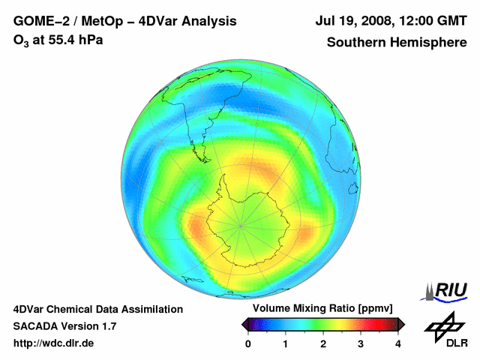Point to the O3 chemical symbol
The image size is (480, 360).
click(x=21, y=40)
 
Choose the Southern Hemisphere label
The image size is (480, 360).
click(x=396, y=42)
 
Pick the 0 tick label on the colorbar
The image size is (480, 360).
click(x=248, y=343)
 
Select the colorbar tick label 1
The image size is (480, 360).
click(x=286, y=343)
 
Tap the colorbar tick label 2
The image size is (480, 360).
click(x=323, y=343)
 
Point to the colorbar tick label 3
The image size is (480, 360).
click(x=361, y=343)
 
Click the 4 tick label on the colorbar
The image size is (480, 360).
click(x=398, y=343)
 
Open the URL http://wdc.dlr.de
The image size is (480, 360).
click(x=54, y=343)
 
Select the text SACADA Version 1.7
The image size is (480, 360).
click(x=64, y=326)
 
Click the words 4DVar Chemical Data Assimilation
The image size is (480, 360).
click(x=97, y=309)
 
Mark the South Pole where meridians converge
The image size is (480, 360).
click(x=241, y=224)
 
